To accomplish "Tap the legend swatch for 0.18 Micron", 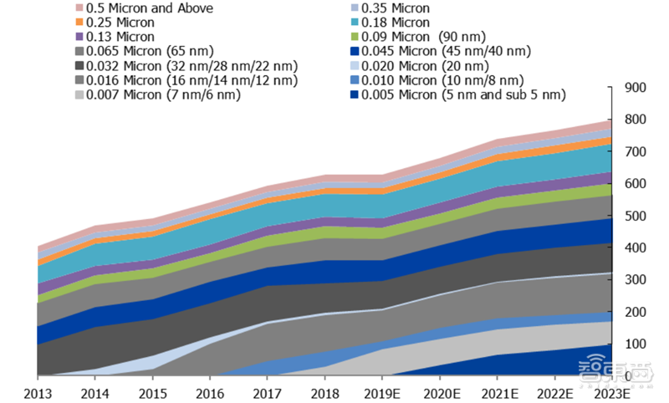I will pyautogui.click(x=354, y=23).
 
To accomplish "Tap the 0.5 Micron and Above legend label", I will pyautogui.click(x=150, y=8).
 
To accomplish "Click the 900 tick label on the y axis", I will pyautogui.click(x=636, y=89).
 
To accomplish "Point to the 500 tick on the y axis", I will pyautogui.click(x=636, y=217).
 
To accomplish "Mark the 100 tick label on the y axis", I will pyautogui.click(x=636, y=344).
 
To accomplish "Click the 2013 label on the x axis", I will pyautogui.click(x=38, y=392).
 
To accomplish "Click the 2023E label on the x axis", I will pyautogui.click(x=617, y=392).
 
